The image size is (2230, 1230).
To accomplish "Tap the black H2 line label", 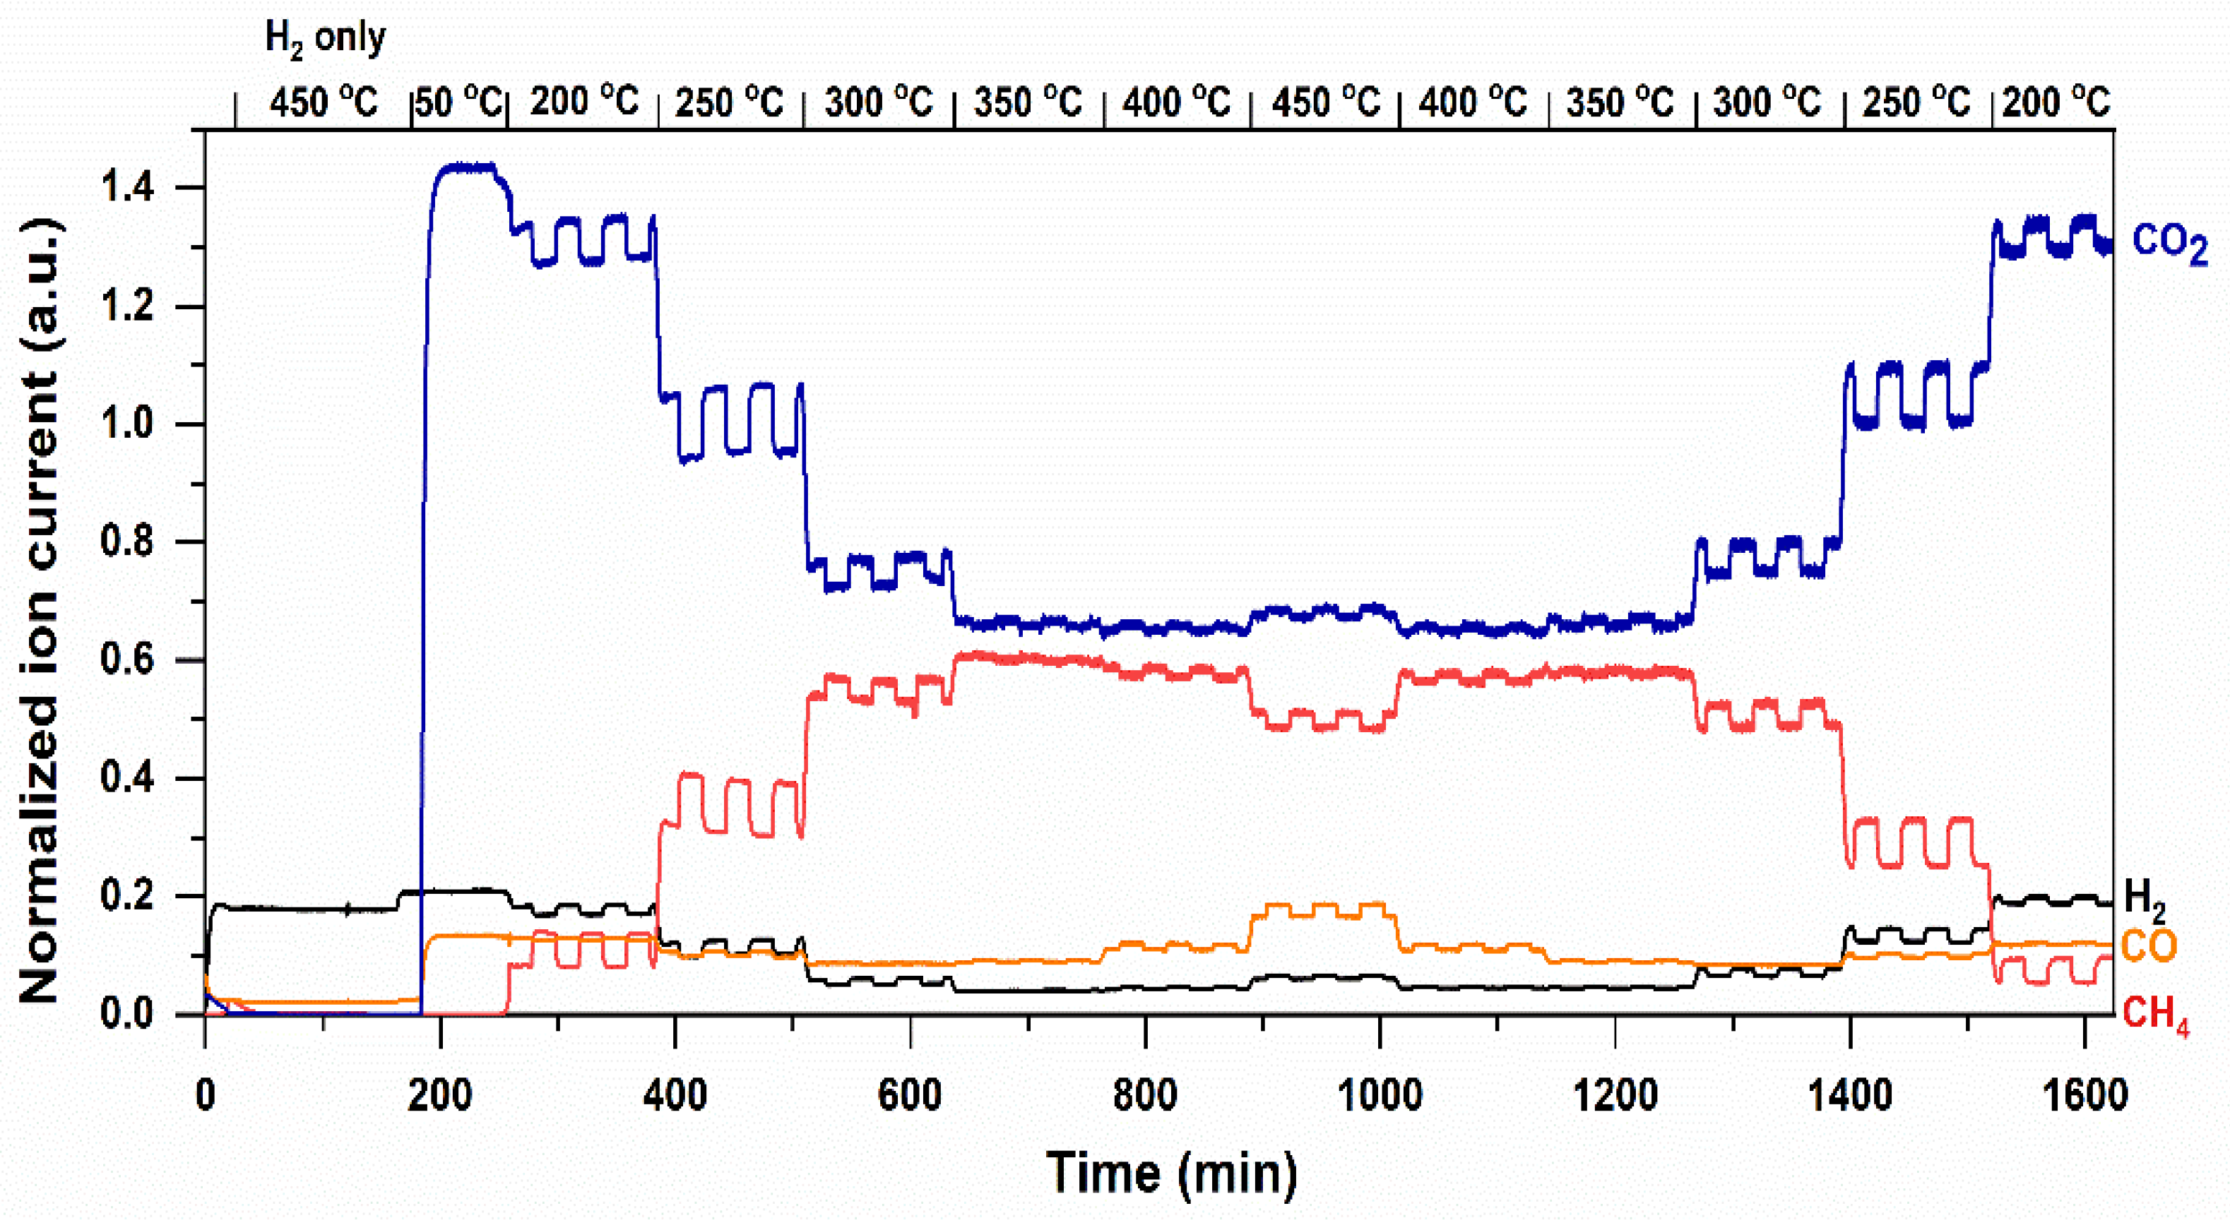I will [2145, 900].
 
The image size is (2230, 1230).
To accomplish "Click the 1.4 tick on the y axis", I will [127, 188].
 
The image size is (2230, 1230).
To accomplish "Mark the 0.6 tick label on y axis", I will [127, 660].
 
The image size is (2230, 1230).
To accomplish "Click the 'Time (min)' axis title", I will [1172, 1174].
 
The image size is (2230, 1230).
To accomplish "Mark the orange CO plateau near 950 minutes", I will [1324, 909].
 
